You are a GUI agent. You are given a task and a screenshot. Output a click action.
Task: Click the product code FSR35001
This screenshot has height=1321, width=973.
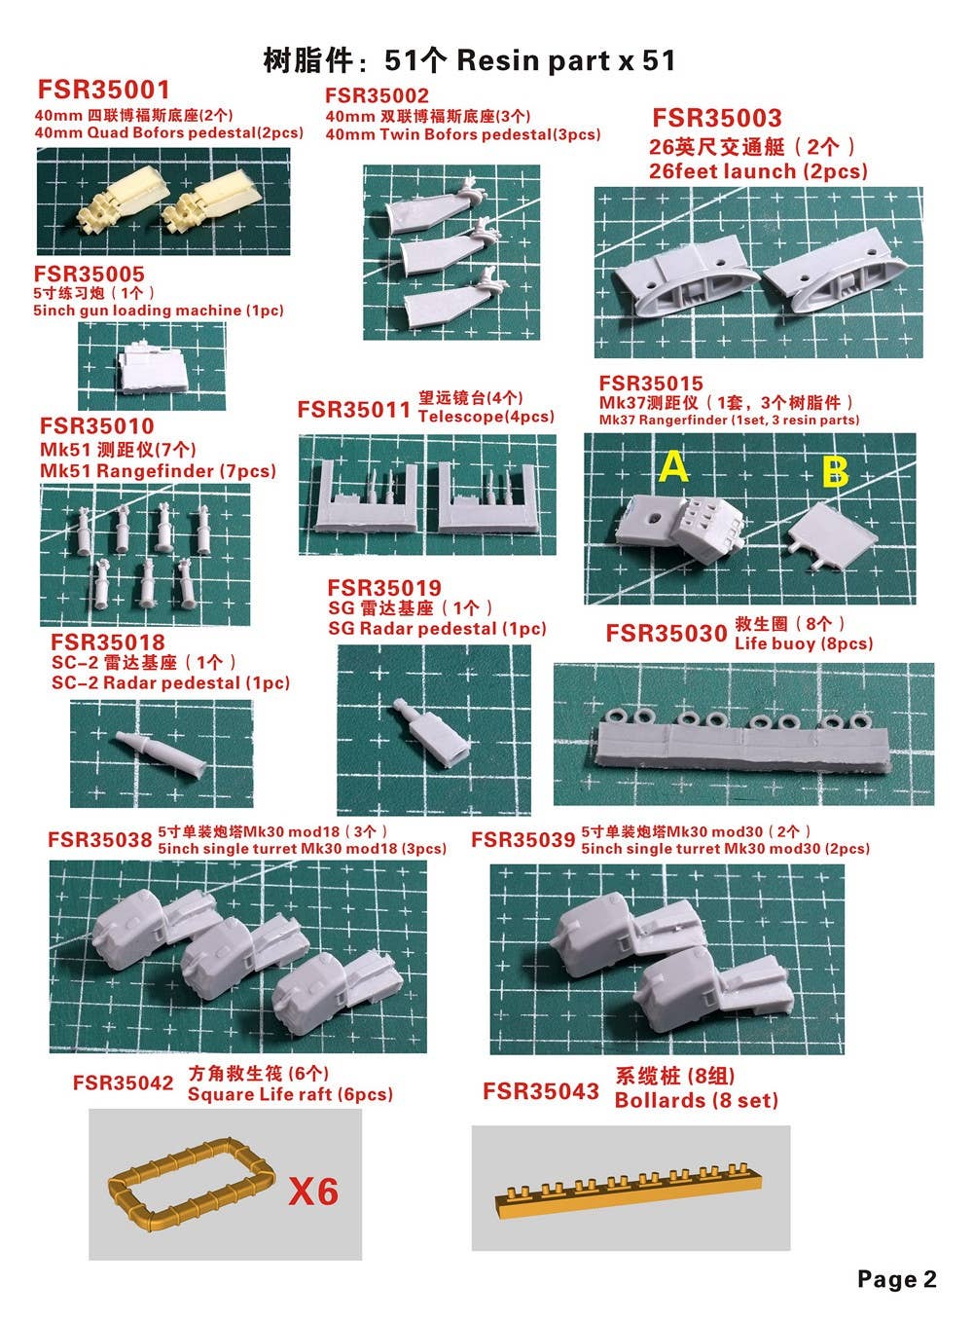point(104,90)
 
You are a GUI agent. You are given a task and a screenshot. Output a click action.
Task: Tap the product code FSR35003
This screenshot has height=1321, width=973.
point(717,118)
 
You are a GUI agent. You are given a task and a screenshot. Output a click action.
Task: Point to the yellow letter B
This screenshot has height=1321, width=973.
point(836,472)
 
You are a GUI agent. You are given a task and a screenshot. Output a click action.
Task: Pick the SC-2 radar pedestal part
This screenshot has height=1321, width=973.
point(161,753)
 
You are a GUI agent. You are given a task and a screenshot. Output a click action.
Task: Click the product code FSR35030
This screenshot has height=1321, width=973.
point(667,634)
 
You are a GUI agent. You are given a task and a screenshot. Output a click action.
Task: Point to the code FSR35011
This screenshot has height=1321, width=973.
point(353,409)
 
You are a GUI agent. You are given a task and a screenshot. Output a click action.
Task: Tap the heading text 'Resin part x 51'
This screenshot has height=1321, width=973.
point(565,60)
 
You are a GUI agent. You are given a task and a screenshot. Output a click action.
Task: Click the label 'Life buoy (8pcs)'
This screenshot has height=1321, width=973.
point(804,642)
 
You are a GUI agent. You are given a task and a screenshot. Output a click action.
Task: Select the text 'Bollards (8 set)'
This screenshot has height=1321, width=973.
point(696,1100)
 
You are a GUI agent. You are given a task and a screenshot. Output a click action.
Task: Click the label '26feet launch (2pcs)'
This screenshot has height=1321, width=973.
point(758,171)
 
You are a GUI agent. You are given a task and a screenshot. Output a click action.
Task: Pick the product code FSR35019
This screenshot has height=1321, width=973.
point(384,588)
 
